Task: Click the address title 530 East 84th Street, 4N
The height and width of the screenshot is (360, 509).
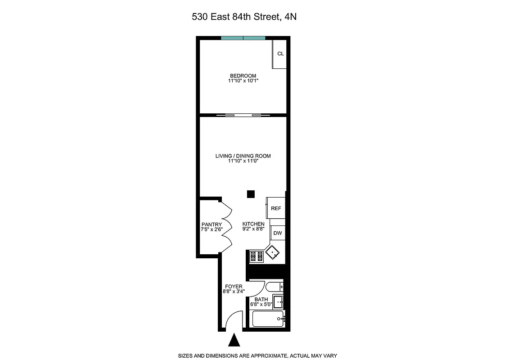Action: click(244, 17)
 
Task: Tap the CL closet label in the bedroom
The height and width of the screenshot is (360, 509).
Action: click(280, 54)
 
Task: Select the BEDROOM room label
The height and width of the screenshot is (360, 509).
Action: click(243, 76)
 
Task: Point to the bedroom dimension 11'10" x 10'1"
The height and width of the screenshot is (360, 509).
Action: click(243, 81)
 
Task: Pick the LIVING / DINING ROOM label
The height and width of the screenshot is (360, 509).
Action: click(243, 156)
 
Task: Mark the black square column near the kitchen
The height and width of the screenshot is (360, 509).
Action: click(251, 194)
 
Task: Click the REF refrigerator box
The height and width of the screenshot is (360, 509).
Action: click(276, 208)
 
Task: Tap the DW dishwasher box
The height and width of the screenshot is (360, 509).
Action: click(278, 233)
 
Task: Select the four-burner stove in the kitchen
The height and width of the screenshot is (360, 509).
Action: click(256, 256)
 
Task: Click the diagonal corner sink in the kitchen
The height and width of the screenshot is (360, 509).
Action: click(273, 253)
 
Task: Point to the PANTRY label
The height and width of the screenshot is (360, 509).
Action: click(212, 224)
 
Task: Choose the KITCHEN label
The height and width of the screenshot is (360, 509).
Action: click(253, 224)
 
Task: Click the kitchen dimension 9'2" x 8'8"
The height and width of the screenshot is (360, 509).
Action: click(253, 229)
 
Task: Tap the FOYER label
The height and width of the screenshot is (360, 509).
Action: click(234, 286)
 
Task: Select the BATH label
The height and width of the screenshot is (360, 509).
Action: click(261, 299)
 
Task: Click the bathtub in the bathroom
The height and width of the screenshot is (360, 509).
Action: click(268, 319)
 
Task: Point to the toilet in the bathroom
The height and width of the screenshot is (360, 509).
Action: click(274, 287)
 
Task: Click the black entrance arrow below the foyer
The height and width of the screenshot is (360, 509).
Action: click(234, 340)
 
